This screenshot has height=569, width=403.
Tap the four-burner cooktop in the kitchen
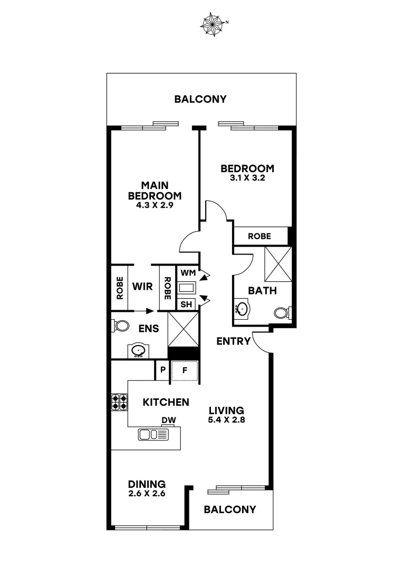point(119,403)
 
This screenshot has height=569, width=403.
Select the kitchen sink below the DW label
point(153,435)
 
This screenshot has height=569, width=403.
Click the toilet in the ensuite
point(121,326)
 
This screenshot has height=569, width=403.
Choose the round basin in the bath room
point(243,308)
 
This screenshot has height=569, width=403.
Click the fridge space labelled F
point(185,370)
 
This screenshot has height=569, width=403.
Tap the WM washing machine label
point(187,273)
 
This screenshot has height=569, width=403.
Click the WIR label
point(142,287)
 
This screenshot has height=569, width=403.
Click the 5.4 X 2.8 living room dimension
point(226,420)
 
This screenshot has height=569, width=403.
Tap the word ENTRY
point(233,341)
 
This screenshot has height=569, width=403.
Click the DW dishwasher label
point(169,420)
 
